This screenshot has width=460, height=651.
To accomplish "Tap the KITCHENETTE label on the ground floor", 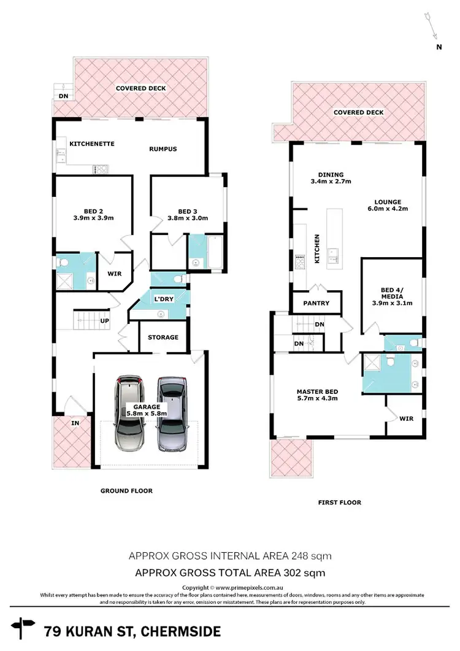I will pyautogui.click(x=92, y=144).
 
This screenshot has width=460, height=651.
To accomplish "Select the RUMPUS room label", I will pyautogui.click(x=163, y=148).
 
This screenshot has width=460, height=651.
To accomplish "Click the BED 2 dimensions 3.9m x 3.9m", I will pyautogui.click(x=94, y=217).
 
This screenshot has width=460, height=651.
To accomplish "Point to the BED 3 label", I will pyautogui.click(x=188, y=210).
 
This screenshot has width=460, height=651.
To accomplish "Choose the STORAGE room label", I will pyautogui.click(x=163, y=337).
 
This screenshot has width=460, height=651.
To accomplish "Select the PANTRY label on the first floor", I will pyautogui.click(x=316, y=303).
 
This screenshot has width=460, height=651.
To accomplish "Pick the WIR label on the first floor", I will pyautogui.click(x=405, y=420).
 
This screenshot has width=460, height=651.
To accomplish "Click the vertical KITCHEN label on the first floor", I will pyautogui.click(x=317, y=248).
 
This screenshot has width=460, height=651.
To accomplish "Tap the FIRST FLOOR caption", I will pyautogui.click(x=339, y=502).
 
